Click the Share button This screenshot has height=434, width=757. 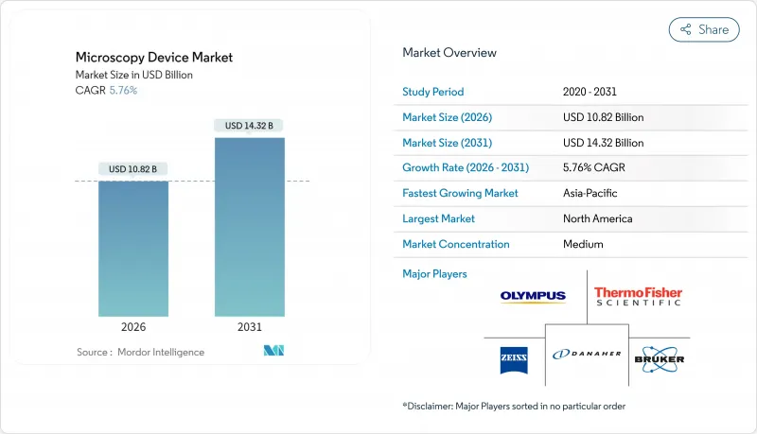point(704,29)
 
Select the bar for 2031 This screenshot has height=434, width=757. point(249,227)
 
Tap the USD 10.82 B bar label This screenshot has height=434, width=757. point(133,169)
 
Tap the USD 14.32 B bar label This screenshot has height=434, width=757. point(249,125)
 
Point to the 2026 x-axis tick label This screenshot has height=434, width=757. point(133,327)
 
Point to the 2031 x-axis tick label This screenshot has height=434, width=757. point(249,327)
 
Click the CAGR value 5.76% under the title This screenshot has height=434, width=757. point(122,90)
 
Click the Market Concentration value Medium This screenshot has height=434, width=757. point(583,244)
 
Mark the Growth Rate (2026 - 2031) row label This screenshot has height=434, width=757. point(466,167)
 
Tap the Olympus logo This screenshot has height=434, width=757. point(533,296)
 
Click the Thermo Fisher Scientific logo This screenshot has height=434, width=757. point(638,297)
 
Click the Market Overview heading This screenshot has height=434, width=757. point(449,53)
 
